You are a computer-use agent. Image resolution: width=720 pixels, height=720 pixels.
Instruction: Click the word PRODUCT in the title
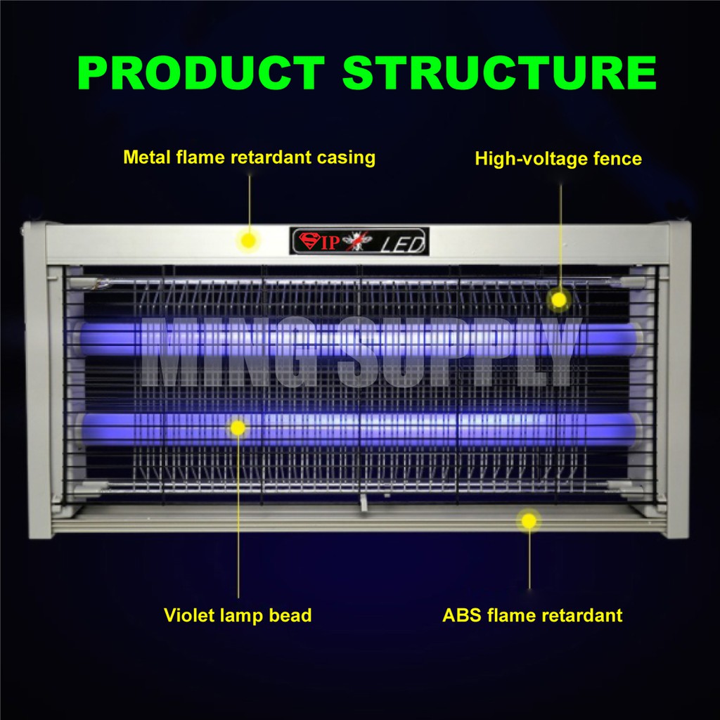(200, 72)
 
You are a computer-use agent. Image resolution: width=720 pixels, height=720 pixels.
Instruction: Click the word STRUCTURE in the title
(500, 72)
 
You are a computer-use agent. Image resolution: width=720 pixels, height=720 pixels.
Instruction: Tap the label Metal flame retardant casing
(249, 157)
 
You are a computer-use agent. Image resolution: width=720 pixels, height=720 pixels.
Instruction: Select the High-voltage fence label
(558, 159)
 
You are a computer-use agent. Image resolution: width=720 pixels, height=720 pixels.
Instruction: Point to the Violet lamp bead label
(238, 615)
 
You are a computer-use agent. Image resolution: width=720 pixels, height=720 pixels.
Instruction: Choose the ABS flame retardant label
(532, 615)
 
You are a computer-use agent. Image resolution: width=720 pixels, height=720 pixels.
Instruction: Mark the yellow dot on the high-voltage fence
(558, 300)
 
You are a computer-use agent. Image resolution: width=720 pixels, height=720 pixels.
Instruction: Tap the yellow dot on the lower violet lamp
(238, 427)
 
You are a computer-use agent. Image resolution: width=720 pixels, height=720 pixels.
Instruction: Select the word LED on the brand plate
(403, 244)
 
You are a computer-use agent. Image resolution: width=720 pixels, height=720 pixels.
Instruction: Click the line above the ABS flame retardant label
(529, 562)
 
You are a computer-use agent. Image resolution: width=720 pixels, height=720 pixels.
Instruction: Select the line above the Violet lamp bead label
(238, 520)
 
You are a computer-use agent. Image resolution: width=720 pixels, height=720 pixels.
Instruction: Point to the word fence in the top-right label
(617, 159)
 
